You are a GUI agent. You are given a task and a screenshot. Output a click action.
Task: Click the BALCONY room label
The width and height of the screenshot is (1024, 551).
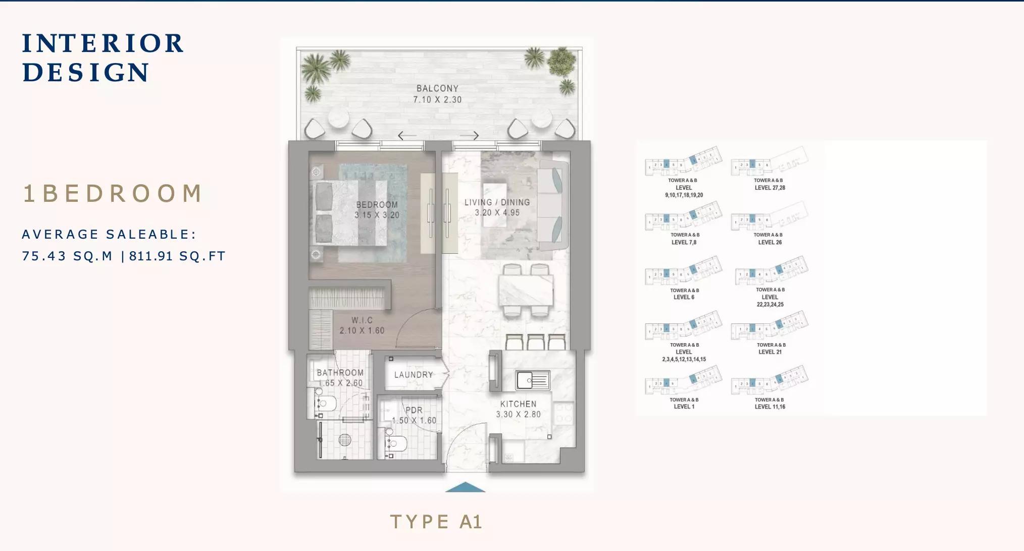coord(437,88)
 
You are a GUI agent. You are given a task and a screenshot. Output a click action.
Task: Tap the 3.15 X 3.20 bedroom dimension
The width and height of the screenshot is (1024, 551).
coord(377,215)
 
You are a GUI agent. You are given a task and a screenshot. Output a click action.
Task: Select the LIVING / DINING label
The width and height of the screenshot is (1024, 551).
coord(497,202)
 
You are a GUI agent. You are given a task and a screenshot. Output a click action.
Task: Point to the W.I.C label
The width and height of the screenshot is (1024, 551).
coord(362,320)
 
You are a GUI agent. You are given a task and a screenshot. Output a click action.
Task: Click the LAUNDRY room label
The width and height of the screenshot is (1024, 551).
coord(414,375)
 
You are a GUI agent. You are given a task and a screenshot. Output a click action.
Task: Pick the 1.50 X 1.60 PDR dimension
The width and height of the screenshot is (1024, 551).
coord(414,420)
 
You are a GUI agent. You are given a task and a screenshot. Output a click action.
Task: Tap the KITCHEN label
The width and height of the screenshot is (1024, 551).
coord(518,404)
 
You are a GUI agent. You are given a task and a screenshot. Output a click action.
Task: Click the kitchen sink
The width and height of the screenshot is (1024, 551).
coord(532,380)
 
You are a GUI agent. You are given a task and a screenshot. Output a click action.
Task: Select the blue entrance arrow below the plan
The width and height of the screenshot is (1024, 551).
coord(465,487)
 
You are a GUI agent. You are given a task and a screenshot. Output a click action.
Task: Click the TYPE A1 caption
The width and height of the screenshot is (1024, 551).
coord(436,522)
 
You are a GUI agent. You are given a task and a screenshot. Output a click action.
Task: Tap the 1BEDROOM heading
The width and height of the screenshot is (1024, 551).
coord(112,194)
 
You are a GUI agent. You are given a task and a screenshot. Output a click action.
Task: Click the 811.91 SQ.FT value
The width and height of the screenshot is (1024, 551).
coord(177,256)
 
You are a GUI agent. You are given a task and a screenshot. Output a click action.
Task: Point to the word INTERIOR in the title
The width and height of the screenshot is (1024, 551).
coord(103,43)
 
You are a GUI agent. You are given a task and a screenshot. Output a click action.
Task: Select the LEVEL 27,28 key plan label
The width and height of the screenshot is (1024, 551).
coord(770,188)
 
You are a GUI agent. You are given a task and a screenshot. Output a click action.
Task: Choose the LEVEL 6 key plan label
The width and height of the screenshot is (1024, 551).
coord(684,297)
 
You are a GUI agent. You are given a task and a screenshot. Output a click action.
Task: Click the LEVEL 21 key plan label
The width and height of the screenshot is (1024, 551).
coord(770,352)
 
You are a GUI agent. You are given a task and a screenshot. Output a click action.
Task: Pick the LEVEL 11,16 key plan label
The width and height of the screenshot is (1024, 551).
coord(770,407)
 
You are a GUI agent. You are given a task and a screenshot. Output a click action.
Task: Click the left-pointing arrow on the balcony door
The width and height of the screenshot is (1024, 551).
coord(407,135)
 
